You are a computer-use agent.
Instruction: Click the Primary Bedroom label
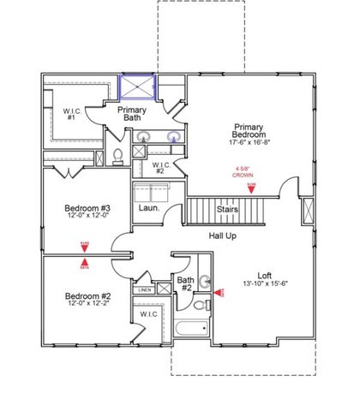click(243, 131)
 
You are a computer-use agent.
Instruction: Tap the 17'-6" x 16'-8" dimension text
click(243, 143)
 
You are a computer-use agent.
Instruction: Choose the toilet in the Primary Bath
click(117, 156)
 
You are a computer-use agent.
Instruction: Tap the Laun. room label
click(147, 208)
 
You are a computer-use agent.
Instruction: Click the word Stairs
click(227, 208)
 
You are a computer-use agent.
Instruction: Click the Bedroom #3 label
click(87, 209)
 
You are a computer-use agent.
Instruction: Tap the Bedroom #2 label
click(87, 296)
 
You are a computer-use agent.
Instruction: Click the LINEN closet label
click(146, 290)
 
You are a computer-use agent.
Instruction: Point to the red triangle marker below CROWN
click(251, 188)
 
